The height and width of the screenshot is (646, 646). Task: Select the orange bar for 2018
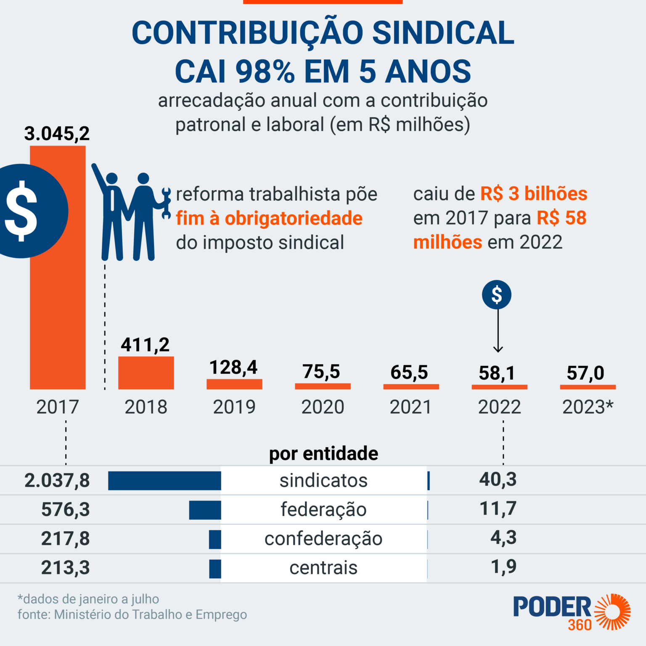(x=146, y=373)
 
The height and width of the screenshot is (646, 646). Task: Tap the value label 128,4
(x=233, y=368)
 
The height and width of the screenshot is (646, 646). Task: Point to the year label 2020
(x=323, y=407)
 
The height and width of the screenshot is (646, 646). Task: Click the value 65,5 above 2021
(x=409, y=373)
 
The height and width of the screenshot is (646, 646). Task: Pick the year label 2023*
(x=588, y=407)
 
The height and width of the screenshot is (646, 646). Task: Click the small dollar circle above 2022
(x=497, y=294)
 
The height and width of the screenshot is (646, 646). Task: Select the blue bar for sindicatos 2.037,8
(x=164, y=481)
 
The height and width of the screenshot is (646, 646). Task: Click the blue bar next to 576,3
(x=205, y=510)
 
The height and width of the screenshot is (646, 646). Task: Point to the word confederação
(x=323, y=539)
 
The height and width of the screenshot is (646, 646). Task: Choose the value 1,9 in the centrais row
(x=504, y=567)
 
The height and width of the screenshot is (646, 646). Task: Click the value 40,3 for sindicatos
(x=498, y=479)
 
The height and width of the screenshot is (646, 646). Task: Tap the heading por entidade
(x=323, y=453)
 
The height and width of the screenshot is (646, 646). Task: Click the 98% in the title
(x=265, y=71)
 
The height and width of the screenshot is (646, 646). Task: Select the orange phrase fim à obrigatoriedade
(x=269, y=218)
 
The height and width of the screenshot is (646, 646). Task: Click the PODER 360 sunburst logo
(x=614, y=612)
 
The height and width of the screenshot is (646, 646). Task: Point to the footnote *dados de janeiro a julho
(x=88, y=599)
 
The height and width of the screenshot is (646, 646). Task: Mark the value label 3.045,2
(x=57, y=134)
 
